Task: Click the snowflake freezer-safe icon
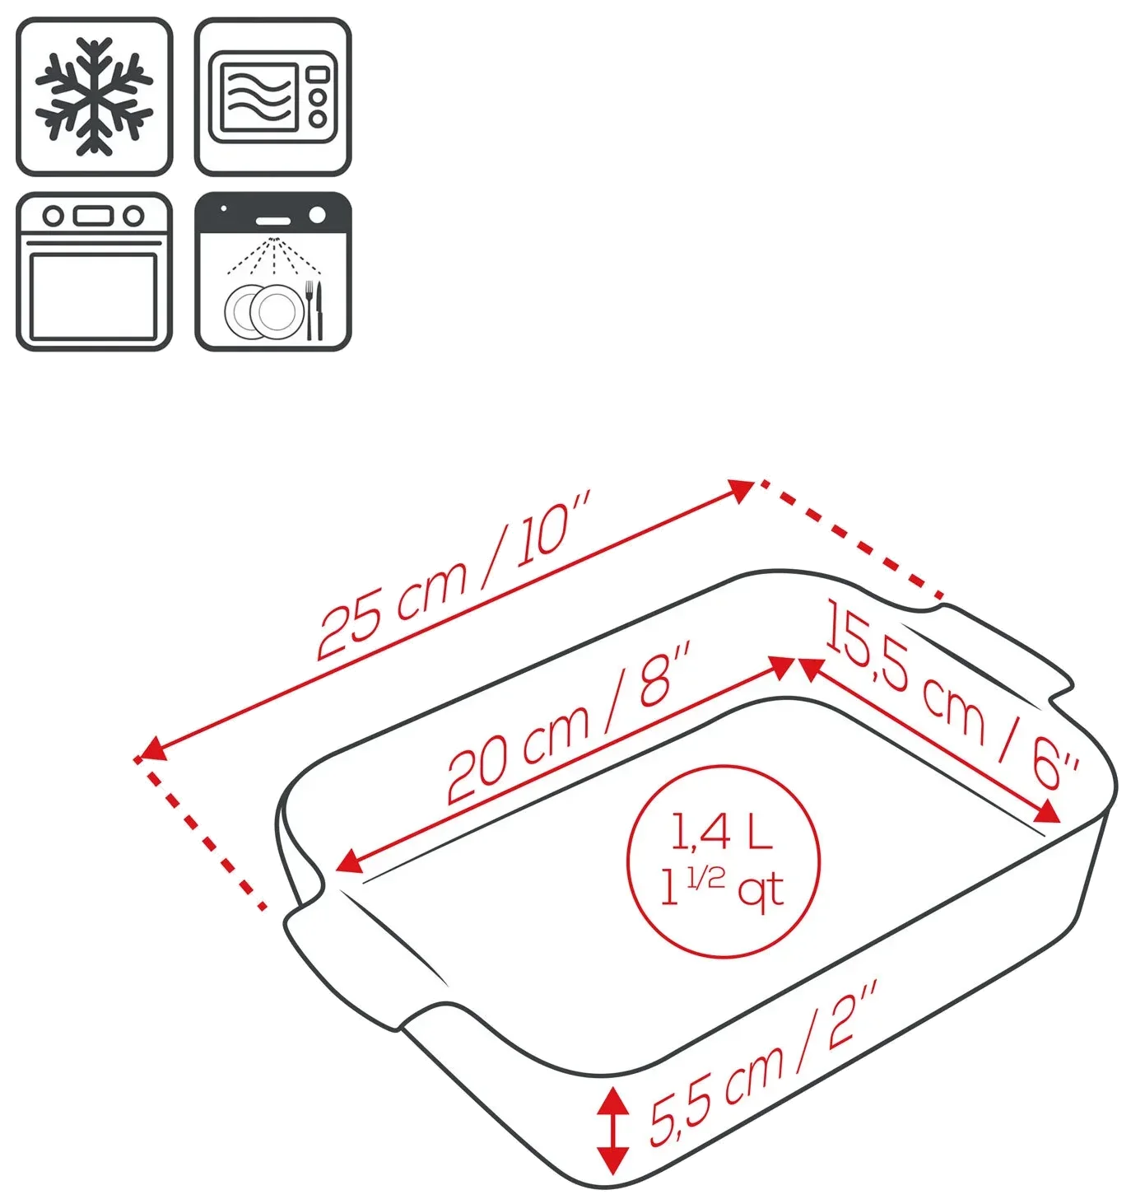(94, 96)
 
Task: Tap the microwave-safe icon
(272, 96)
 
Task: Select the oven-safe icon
(94, 272)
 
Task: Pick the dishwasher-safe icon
(272, 272)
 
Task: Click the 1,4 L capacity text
(721, 831)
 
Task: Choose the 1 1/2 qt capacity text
(722, 889)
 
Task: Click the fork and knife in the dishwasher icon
(314, 310)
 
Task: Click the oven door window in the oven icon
(93, 297)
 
